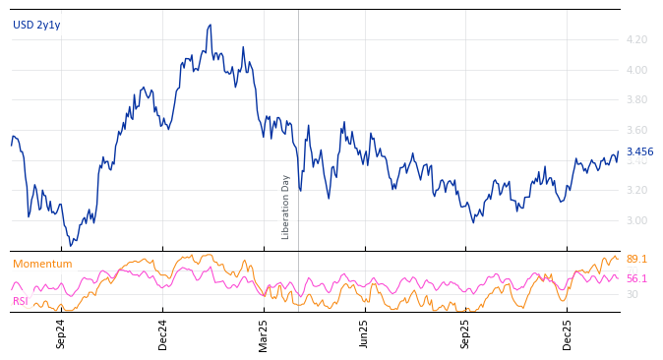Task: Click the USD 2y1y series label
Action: [36, 26]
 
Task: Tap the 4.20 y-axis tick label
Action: [636, 40]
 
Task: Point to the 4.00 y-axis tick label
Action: [636, 70]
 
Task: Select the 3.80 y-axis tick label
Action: [636, 100]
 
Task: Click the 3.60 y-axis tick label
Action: [636, 131]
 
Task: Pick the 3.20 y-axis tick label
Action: [636, 191]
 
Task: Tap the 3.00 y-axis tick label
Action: [636, 221]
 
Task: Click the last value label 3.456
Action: [639, 152]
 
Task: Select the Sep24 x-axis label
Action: [61, 333]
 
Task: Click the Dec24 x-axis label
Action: [163, 333]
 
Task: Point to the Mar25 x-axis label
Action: [264, 333]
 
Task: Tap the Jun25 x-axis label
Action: [364, 333]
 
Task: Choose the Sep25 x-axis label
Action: [466, 333]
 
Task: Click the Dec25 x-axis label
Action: [568, 333]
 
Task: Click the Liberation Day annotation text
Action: [286, 207]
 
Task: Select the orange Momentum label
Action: [42, 265]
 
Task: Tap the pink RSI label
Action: [20, 301]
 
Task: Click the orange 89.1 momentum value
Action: [636, 260]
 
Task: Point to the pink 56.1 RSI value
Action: [636, 279]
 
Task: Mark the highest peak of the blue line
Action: [211, 26]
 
